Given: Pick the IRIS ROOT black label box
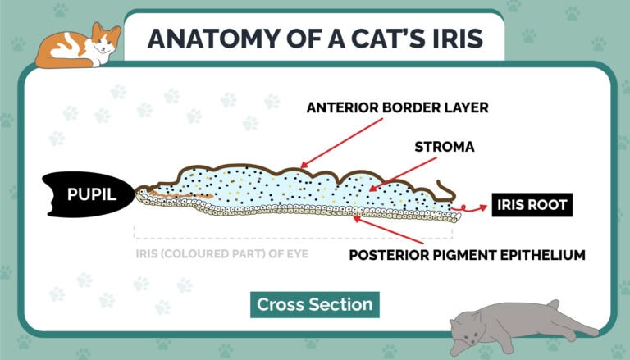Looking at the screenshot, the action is coord(530,205).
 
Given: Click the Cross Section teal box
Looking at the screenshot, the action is coord(314,304).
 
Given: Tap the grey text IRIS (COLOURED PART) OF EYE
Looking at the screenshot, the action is coord(222,253).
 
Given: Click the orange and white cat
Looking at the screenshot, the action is coord(78,46).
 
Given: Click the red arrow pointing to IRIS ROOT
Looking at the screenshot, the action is coord(473,208).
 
